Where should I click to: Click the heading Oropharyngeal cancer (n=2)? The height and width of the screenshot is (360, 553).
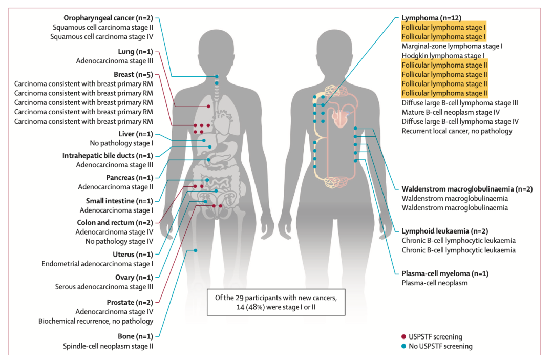coord(108,18)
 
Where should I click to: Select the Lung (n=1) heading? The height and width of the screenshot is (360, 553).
coord(135,52)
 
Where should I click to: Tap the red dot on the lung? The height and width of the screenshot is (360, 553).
coord(208,106)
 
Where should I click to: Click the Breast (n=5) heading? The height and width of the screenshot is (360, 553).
coord(133,74)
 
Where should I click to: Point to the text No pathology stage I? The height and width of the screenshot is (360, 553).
coord(121,143)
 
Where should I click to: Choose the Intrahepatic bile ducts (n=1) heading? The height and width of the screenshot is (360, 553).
coord(108,156)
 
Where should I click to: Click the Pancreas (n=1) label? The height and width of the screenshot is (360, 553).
coord(130,178)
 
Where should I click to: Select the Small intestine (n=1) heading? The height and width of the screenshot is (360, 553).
coord(119,201)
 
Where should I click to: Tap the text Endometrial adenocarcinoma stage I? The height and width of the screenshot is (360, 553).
coord(97,264)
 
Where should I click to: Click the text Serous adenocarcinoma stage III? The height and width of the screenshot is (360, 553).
coord(104,287)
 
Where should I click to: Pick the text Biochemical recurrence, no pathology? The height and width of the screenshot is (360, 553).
coord(96,321)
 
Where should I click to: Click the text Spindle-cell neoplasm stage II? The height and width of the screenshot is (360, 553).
coord(108,346)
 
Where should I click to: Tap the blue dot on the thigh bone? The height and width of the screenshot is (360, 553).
coord(196,250)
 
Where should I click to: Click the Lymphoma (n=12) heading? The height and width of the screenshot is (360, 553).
coord(431,18)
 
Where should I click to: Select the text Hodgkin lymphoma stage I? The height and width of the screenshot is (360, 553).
coord(443,56)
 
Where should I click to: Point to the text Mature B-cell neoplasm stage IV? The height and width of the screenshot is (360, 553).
coord(451,112)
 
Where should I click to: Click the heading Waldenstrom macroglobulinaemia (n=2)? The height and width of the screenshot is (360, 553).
coord(467,189)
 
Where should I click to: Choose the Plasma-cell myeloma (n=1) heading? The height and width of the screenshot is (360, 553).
coord(445,273)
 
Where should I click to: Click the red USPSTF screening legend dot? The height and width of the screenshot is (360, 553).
coord(404,337)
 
